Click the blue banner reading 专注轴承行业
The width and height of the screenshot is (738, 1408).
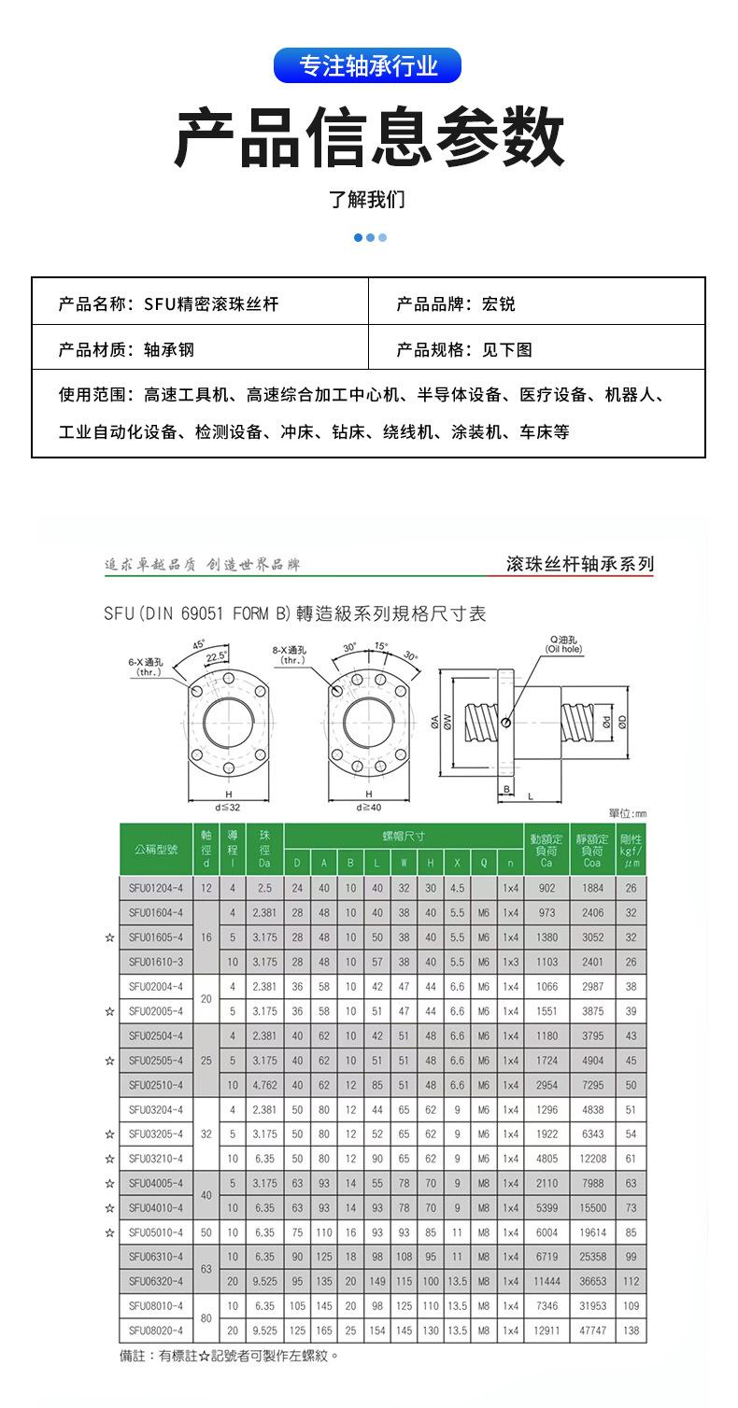(368, 66)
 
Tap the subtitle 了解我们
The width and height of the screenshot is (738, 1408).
(368, 200)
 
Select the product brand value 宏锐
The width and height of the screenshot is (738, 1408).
(498, 303)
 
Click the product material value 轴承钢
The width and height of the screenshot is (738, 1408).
(169, 349)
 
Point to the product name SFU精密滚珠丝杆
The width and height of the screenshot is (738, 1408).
(211, 303)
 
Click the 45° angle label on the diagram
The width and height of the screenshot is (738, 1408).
(199, 645)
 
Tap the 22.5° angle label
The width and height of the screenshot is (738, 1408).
(217, 656)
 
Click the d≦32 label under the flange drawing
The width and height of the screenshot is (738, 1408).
(227, 807)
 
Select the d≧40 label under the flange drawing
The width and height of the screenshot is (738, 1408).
(369, 807)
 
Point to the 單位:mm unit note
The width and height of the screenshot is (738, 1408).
(627, 814)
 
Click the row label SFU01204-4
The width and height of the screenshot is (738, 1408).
(155, 888)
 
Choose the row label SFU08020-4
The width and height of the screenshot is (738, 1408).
(155, 1330)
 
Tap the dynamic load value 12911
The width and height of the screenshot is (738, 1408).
(546, 1330)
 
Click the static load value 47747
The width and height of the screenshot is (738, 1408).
(591, 1330)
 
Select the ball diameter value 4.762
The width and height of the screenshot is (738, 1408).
(264, 1085)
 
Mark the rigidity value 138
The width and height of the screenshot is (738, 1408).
(632, 1330)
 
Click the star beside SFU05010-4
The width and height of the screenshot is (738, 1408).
(110, 1232)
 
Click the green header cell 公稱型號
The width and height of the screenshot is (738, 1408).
(155, 850)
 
